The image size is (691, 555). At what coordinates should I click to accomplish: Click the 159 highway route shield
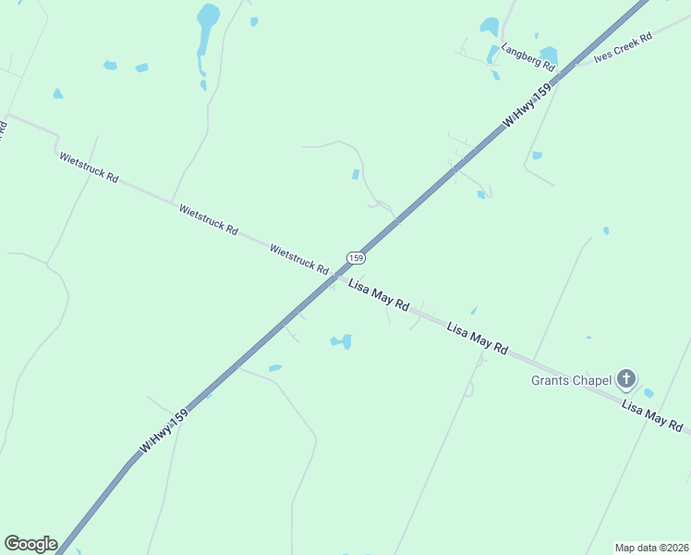click(357, 257)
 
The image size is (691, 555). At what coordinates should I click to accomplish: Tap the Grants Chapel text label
click(572, 379)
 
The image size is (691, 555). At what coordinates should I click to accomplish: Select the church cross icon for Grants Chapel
click(626, 377)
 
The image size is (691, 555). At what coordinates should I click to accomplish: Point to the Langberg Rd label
click(527, 57)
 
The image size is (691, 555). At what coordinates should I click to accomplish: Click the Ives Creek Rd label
click(624, 47)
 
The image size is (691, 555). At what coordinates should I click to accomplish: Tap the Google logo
click(30, 544)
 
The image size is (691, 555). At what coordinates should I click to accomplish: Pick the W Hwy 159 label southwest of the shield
click(164, 431)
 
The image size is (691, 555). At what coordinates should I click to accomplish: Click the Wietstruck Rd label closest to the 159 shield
click(299, 259)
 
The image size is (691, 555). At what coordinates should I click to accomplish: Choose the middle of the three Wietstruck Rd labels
click(208, 219)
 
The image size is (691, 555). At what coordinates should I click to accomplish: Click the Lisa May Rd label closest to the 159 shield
click(379, 295)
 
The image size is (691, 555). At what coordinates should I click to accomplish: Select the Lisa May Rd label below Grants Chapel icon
click(652, 415)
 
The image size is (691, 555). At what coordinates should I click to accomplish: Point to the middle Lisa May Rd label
click(478, 339)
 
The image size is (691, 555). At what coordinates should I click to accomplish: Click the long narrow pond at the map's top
click(205, 28)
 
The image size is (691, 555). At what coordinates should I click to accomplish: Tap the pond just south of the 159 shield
click(342, 341)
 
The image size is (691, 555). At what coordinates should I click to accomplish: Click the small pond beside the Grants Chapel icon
click(649, 393)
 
